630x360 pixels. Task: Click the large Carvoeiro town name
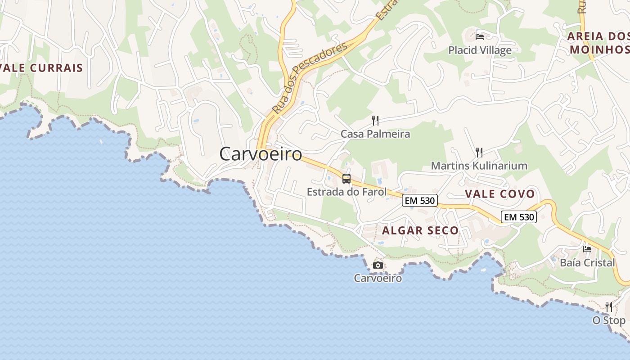(260, 154)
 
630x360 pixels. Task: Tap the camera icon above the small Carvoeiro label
(378, 265)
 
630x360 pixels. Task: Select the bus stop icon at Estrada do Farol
(346, 179)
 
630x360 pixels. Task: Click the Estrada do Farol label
(346, 192)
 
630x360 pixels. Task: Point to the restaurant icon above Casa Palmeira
(375, 121)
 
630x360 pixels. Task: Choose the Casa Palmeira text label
(375, 134)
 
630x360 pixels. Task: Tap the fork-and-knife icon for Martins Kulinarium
(479, 153)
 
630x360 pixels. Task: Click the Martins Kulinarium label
(479, 166)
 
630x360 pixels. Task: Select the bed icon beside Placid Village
(480, 36)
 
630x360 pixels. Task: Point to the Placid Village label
(480, 50)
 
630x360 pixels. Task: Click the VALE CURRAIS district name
(42, 68)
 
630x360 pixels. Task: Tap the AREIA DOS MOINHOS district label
(598, 43)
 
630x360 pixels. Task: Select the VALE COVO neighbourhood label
(499, 194)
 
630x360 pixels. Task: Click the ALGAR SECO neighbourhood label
(420, 230)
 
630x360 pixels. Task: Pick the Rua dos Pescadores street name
(310, 78)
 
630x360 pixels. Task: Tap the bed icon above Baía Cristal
(587, 249)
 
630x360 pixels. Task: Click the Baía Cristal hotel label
(587, 262)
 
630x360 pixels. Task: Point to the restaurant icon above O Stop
(609, 307)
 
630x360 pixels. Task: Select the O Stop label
(609, 320)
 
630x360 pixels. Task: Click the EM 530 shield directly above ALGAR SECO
(420, 201)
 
